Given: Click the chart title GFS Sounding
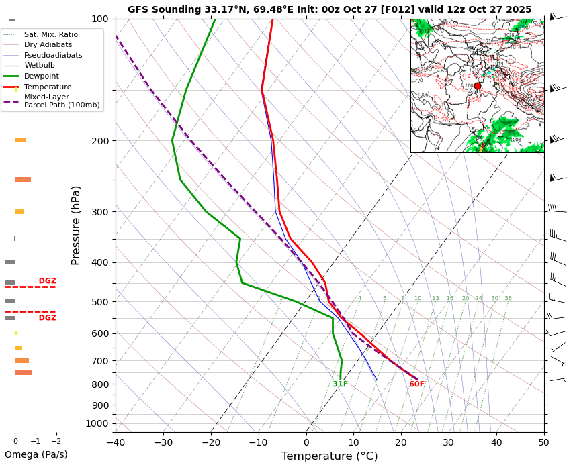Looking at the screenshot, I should pos(329,9).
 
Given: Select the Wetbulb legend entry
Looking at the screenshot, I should pos(39,66).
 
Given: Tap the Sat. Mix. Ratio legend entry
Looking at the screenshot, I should pos(50,34).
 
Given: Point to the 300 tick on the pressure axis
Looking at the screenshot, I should pos(100,212).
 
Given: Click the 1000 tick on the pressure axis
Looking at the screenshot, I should pos(97,423).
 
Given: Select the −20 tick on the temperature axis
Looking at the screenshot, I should pos(211,442).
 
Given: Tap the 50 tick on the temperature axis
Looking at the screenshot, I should pos(543,442).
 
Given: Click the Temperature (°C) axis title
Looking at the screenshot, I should pos(329,456).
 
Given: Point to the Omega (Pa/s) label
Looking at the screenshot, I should pos(36,454).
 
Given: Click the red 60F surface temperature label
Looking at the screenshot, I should pos(416,384).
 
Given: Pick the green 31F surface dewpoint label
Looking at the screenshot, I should pos(340,384).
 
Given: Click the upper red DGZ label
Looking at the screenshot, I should pos(47,281).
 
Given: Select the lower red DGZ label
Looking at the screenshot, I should pos(47,318).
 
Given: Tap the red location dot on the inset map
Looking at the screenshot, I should pos(478,86).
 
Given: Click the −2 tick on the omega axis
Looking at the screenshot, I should pos(56,442).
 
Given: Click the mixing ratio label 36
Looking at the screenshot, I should pos(508,299).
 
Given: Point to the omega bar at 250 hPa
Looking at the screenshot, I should pos(23,180).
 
